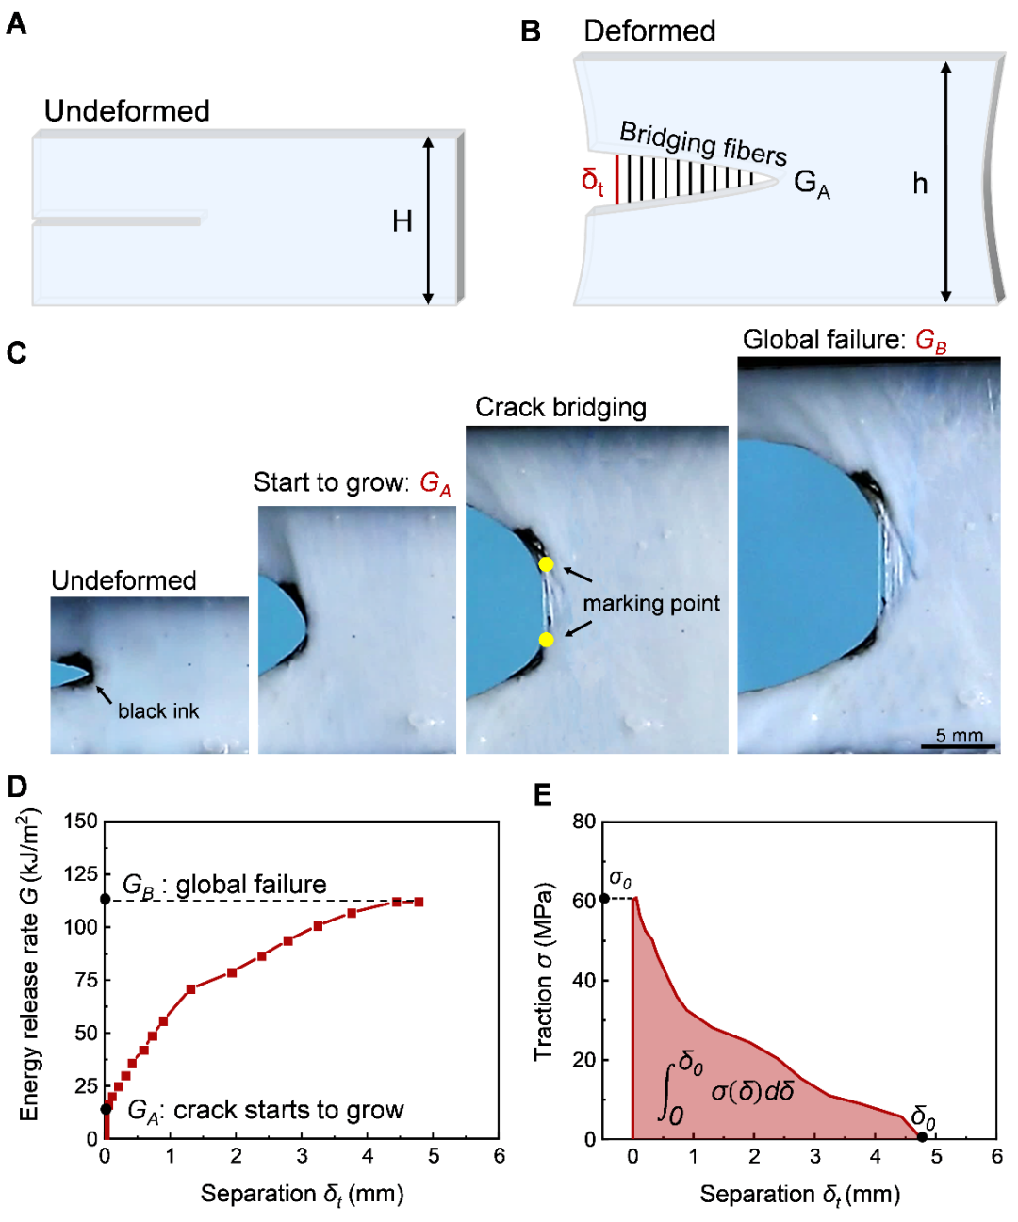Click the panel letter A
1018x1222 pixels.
(16, 24)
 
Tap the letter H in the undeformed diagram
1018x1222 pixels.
(402, 221)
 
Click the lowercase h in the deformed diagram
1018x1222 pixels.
(920, 183)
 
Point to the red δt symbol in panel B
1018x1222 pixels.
(593, 179)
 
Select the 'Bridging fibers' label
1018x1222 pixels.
(702, 142)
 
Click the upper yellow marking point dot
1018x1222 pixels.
(546, 564)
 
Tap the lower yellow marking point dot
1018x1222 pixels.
(546, 640)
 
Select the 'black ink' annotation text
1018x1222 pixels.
(158, 711)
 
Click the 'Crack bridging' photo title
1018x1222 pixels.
(561, 407)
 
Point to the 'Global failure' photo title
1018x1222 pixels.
(845, 340)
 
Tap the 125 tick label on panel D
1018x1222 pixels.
(81, 873)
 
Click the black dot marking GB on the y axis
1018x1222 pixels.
(106, 900)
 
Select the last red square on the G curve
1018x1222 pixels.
(419, 902)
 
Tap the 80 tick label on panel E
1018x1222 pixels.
(584, 822)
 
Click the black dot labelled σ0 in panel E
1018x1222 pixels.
(604, 898)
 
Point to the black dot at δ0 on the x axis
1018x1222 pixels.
(922, 1137)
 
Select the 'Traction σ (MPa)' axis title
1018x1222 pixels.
(544, 970)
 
